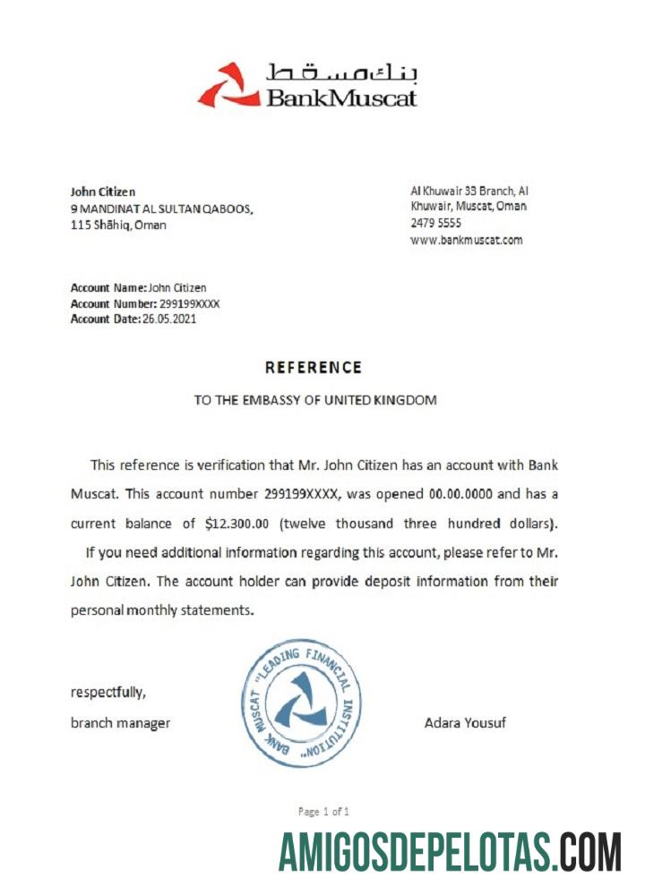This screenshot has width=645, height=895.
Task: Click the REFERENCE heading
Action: pos(314,368)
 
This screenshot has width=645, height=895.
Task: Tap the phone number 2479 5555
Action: pos(435,223)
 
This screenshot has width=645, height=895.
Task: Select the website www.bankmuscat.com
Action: pos(466,240)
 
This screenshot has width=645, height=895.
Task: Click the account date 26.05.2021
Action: pos(169,320)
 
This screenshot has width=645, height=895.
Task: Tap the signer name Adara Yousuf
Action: pos(465,722)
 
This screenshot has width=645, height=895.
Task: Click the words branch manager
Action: pos(120,723)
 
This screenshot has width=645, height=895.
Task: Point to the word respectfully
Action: pos(107,692)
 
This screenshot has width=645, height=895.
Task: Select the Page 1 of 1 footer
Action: pos(323,812)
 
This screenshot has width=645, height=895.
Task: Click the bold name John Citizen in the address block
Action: pos(103,192)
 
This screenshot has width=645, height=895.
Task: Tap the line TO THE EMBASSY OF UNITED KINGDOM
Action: pos(315,400)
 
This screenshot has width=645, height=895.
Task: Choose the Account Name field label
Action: pos(107,288)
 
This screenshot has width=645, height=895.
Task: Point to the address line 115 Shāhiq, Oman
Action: pos(118,225)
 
